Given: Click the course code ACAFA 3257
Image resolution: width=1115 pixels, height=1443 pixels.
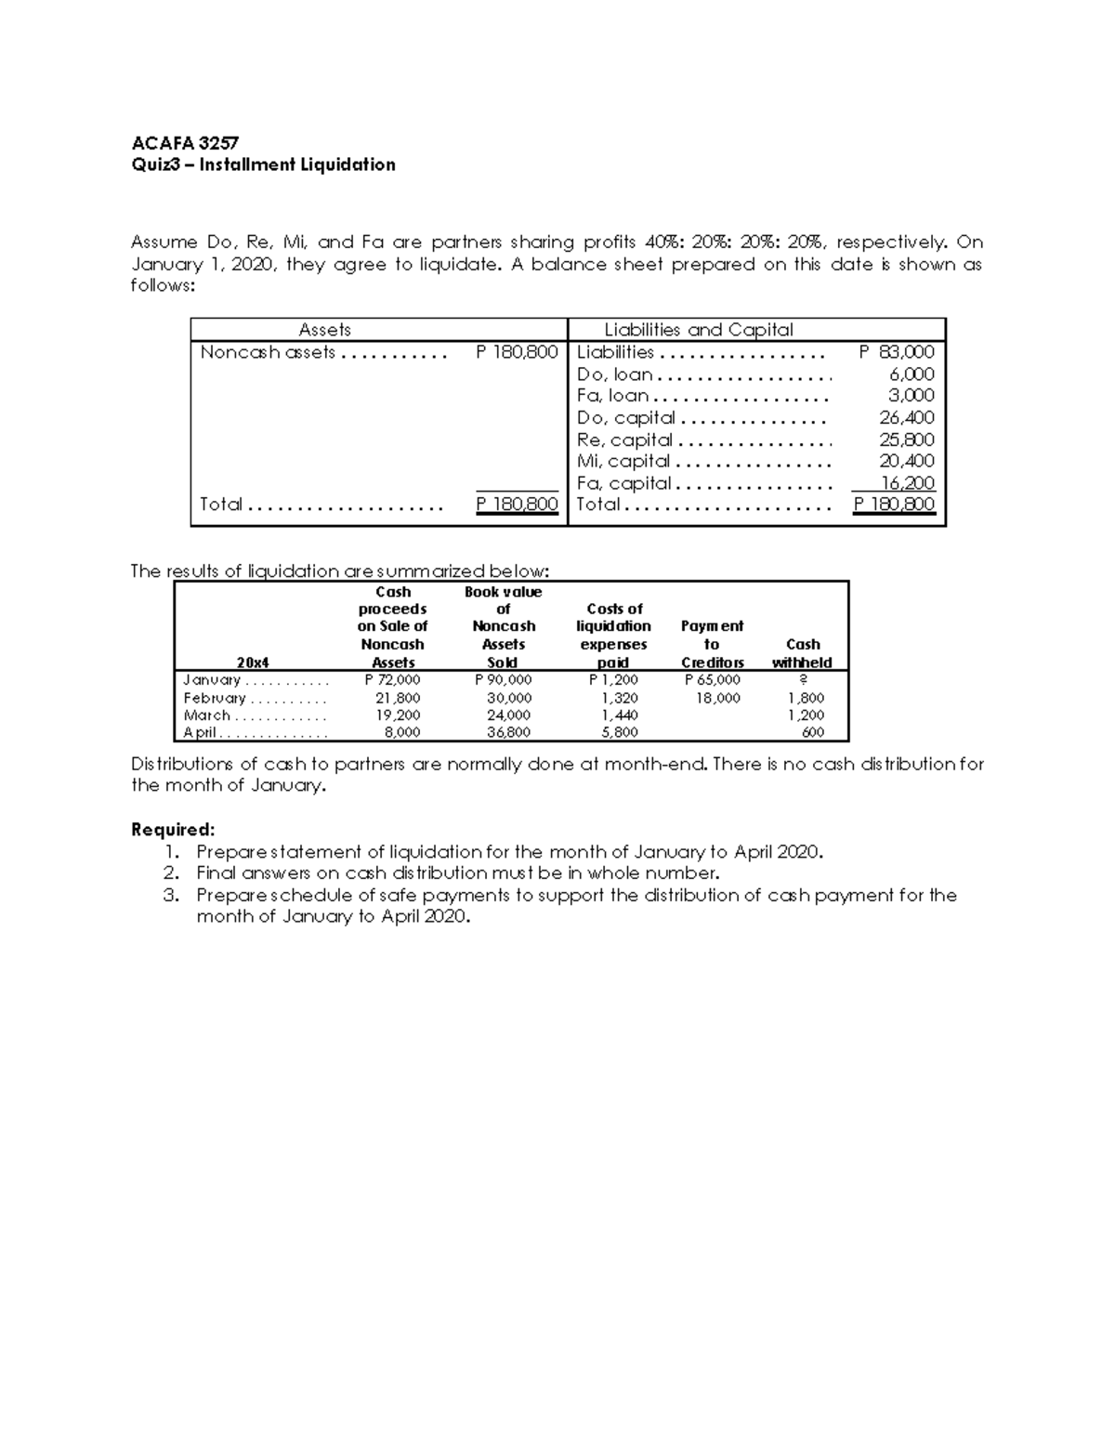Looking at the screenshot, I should pos(185,143).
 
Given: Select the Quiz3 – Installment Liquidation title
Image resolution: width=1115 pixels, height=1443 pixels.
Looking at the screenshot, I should pos(263,164).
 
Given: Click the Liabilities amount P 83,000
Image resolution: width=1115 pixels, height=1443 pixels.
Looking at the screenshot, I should pos(897,352).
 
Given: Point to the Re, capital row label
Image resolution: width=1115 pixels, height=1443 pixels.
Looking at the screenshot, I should pos(624,439).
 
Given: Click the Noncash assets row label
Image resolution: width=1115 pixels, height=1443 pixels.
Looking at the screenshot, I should pos(268,352).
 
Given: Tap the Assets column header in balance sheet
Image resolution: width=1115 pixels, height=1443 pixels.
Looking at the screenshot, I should pos(324,330).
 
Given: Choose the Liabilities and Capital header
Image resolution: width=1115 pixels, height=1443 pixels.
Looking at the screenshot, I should pos(699,330).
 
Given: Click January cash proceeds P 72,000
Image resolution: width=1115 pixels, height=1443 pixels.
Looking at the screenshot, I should pos(392,680).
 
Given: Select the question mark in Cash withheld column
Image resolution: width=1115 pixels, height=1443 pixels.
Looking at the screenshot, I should pos(803,680).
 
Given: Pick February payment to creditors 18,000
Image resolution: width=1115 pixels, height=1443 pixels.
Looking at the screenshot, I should pos(718,698).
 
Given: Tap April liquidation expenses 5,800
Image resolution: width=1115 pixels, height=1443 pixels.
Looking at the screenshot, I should pos(620,732).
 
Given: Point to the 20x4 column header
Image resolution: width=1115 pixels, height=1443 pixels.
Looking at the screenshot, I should pos(253,662).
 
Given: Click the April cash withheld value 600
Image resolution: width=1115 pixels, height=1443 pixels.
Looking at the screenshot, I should pos(813,732).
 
